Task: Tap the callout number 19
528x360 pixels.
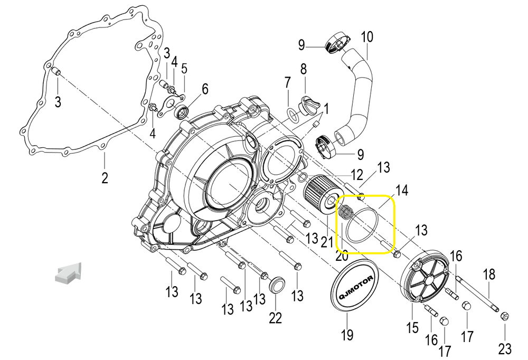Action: (347, 335)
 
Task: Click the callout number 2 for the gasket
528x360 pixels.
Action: (105, 177)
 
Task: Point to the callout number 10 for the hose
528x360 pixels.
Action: (366, 37)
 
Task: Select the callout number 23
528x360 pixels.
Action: (505, 348)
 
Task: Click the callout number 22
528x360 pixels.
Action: (275, 318)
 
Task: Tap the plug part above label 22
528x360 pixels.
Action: (277, 286)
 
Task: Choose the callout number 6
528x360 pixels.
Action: (204, 88)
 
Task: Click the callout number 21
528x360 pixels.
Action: (328, 242)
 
